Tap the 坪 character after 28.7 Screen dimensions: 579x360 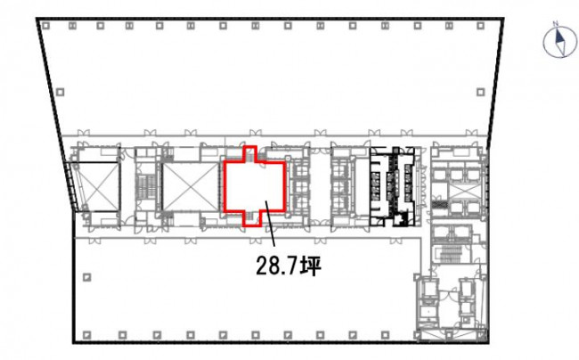click(311, 266)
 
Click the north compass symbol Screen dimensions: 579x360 click(559, 42)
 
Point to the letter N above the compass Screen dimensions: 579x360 click(555, 24)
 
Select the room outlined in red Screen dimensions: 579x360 click(255, 186)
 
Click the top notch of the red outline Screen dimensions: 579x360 click(250, 153)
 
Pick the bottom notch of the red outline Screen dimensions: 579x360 click(253, 218)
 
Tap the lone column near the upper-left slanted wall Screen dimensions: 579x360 click(61, 92)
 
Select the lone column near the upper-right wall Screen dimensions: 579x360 click(480, 92)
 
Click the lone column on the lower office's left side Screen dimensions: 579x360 click(86, 277)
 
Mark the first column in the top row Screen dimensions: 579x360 click(45, 26)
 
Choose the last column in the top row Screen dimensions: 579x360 click(480, 26)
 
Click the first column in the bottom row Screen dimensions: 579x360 click(86, 335)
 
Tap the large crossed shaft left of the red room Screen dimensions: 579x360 click(191, 187)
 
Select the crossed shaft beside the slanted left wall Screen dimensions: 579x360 click(98, 187)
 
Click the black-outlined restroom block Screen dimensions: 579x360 click(393, 186)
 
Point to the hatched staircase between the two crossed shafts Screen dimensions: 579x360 click(147, 186)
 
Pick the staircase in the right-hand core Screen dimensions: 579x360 click(449, 253)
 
